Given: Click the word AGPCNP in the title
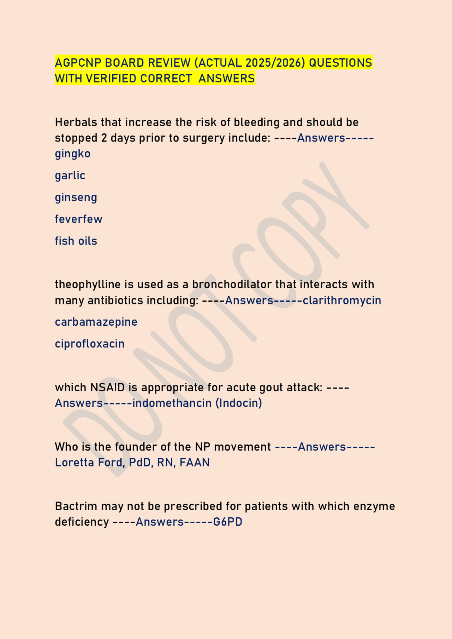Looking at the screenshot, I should (78, 63).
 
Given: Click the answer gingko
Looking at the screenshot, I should (73, 154).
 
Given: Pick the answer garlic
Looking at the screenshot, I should (70, 175).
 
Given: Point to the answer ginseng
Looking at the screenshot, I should (76, 198).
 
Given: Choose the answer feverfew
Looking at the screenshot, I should (78, 219).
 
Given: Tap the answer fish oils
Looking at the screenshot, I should (76, 241).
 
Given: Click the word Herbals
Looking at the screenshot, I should (76, 122).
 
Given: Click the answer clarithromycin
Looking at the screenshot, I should (342, 300).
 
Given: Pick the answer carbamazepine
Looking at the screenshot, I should (96, 322).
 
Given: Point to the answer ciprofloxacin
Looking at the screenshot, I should (90, 344).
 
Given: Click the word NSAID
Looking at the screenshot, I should (107, 387).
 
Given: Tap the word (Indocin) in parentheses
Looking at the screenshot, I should (239, 403).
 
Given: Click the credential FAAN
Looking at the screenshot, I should (195, 462).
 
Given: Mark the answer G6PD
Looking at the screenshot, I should (228, 522).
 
